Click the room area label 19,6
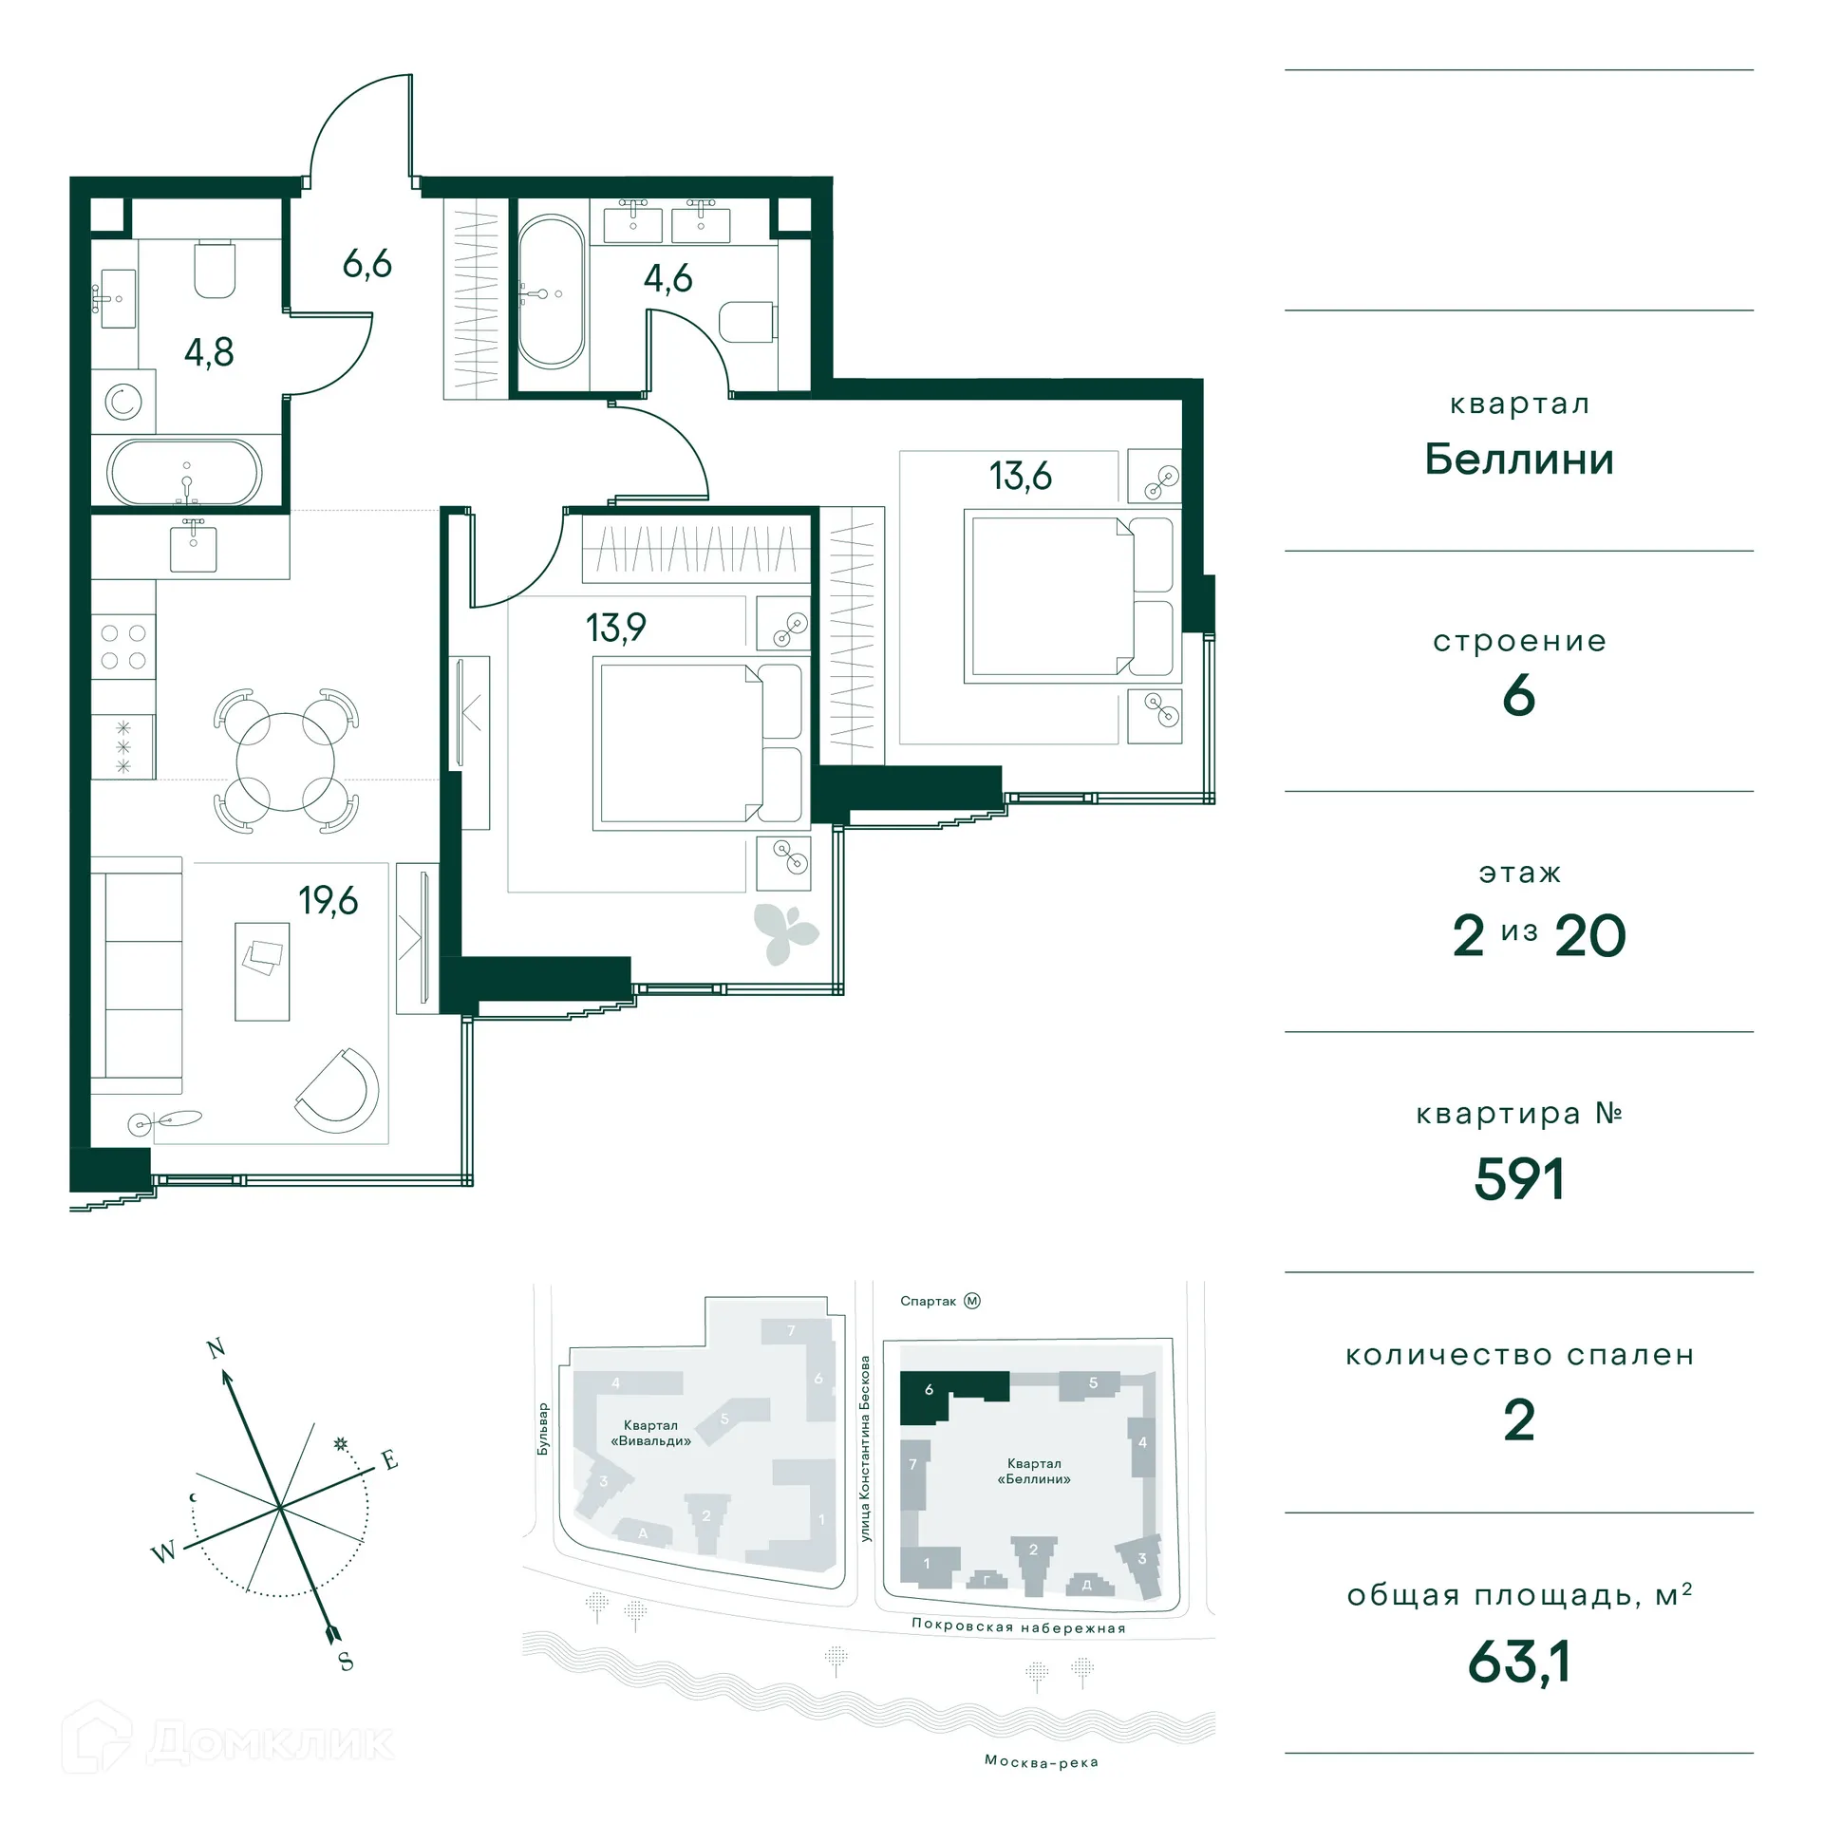click(328, 900)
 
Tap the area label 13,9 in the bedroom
click(615, 628)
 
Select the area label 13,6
click(1020, 476)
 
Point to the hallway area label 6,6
click(366, 263)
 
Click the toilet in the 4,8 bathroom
click(215, 270)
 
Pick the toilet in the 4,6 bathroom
click(747, 322)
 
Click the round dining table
click(286, 761)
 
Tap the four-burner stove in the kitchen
click(123, 647)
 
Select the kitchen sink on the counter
click(193, 548)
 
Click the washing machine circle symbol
click(123, 403)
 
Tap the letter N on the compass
click(216, 1348)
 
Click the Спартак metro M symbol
click(971, 1301)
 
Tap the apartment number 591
click(1518, 1179)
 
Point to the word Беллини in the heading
click(1518, 460)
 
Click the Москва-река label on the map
click(1041, 1761)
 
